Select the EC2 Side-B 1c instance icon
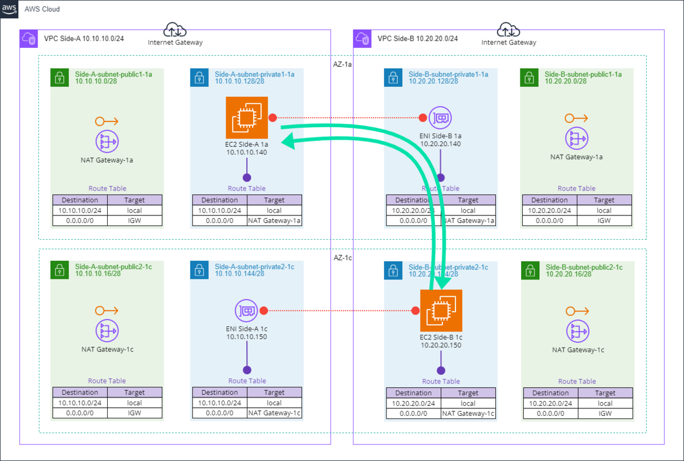(441, 310)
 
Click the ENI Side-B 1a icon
(440, 118)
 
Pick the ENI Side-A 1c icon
(247, 311)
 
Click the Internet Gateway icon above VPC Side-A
(174, 30)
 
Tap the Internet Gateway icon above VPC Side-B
(508, 30)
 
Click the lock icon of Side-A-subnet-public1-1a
(59, 78)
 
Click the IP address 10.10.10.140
(246, 152)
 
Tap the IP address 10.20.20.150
(441, 345)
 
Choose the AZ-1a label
(343, 64)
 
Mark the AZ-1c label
(343, 258)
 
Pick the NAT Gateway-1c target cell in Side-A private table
(274, 413)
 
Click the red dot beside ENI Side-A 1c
(264, 311)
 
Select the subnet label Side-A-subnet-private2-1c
(254, 266)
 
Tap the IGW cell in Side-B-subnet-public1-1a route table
(604, 220)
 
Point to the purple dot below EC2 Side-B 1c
(441, 370)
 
